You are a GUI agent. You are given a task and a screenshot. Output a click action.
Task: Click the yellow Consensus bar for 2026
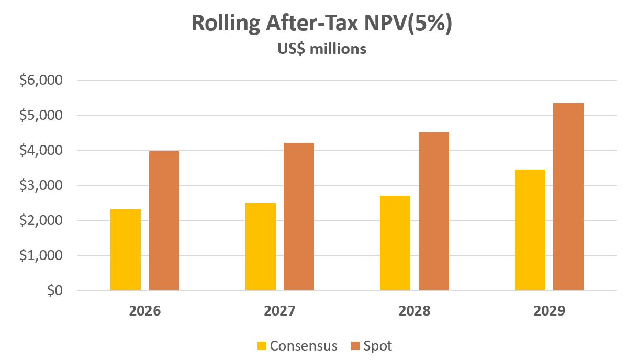tap(126, 250)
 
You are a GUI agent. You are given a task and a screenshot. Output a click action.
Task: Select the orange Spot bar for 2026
tap(164, 221)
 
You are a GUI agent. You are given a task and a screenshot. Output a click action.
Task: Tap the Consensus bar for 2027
tap(261, 247)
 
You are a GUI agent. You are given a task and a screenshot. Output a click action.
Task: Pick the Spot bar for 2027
tap(299, 217)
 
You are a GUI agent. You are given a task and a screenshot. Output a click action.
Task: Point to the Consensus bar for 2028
tap(395, 243)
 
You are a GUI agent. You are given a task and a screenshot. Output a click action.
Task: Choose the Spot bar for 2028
tap(434, 211)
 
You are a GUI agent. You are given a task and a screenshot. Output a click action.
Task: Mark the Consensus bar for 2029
tap(530, 230)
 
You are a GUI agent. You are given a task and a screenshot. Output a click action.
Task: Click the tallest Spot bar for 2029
tap(568, 197)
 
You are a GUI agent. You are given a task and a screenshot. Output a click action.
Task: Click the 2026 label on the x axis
tap(145, 311)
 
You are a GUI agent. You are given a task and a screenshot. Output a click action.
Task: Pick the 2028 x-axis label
tap(415, 311)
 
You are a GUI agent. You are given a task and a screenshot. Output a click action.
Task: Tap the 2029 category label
tap(550, 311)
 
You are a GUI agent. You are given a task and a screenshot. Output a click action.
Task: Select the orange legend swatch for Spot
tap(356, 346)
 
